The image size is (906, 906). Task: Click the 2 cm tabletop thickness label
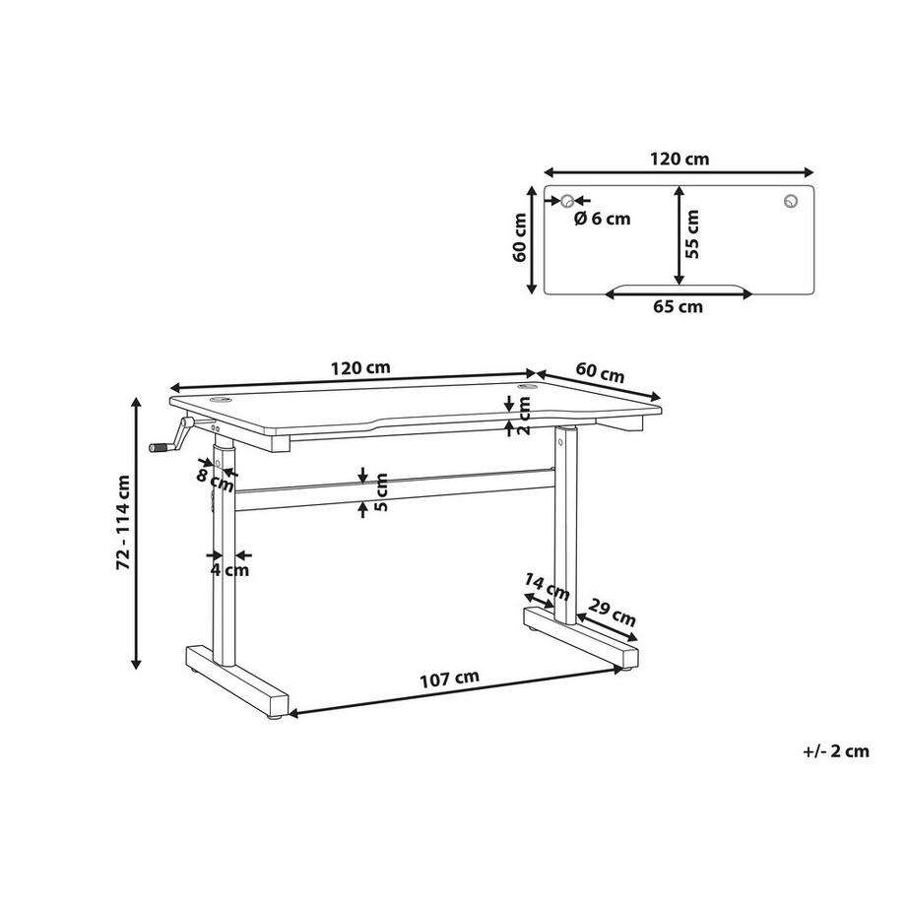point(524,415)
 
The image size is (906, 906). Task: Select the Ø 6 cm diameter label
point(601,218)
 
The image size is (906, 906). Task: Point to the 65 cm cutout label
point(678,306)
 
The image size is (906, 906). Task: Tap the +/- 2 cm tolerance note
point(836,750)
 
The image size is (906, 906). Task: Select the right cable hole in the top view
point(791,201)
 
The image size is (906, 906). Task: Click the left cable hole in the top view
point(567,201)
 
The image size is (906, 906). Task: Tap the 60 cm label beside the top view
point(522,238)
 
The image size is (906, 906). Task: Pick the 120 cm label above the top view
point(679,158)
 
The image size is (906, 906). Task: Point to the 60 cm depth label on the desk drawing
point(600,374)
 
